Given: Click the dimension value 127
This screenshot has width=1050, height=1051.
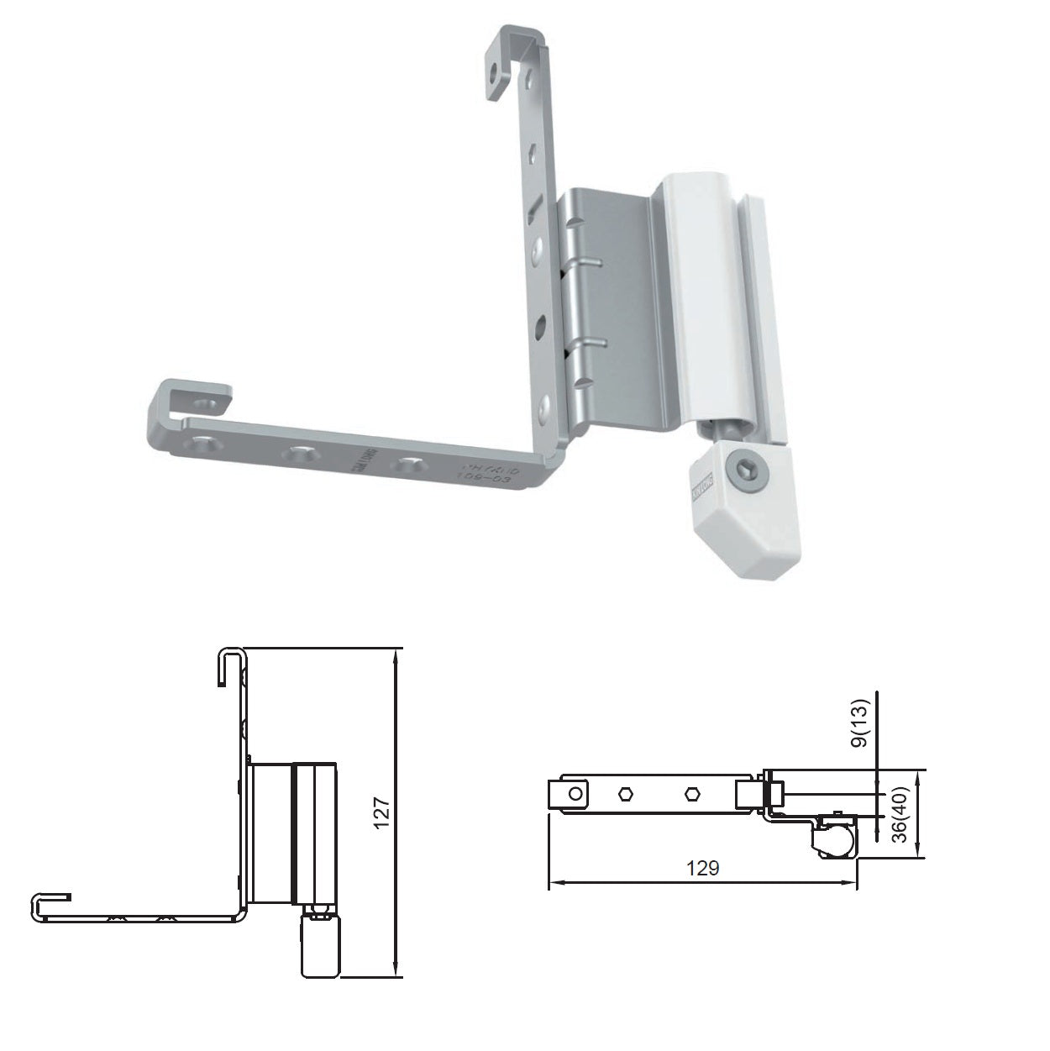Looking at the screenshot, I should click(x=383, y=813).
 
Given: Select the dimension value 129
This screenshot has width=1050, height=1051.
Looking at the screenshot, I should click(x=702, y=867).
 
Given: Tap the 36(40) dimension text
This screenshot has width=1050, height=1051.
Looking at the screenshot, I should click(x=900, y=814).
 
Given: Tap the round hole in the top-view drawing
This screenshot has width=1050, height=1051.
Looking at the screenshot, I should click(x=575, y=793).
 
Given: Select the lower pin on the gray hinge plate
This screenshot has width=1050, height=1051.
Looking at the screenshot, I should click(x=592, y=341).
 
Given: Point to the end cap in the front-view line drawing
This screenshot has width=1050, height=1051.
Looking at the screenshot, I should click(x=320, y=949).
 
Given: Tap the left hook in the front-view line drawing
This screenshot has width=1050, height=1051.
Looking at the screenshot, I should click(x=50, y=902).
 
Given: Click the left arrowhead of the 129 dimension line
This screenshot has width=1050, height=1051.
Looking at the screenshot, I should click(x=554, y=882).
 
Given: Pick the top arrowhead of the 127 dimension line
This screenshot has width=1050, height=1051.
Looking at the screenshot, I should click(x=394, y=654).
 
